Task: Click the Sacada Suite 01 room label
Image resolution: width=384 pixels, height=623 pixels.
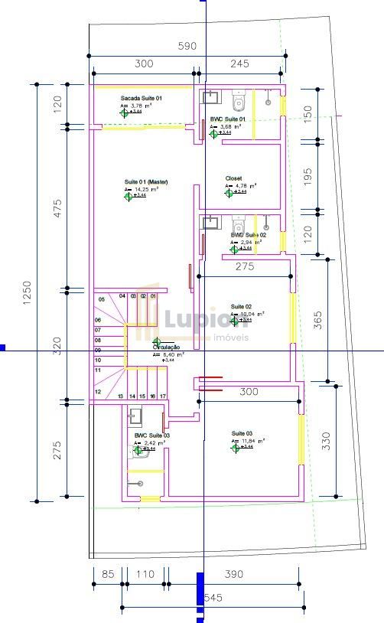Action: pos(142,99)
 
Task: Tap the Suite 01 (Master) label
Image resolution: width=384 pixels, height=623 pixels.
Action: pos(146,181)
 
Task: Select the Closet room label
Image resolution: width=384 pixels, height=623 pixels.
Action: pos(233,178)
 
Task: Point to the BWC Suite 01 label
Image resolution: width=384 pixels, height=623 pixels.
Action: pos(228,119)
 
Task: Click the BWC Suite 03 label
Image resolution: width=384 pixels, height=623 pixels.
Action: pos(151,435)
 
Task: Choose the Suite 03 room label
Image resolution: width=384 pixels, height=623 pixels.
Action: pos(242,433)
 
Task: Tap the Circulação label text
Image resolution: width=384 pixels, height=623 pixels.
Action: pos(167,347)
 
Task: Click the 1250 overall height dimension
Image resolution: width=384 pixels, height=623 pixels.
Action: pos(26,294)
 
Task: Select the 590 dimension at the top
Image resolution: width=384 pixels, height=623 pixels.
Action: pos(187,46)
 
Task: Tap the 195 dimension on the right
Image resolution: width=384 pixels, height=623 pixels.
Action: pos(308,177)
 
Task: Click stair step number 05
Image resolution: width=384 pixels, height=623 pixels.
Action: pos(99,298)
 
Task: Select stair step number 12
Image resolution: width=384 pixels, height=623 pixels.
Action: pos(98,391)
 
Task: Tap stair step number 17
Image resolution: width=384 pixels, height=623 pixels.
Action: pos(162,396)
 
